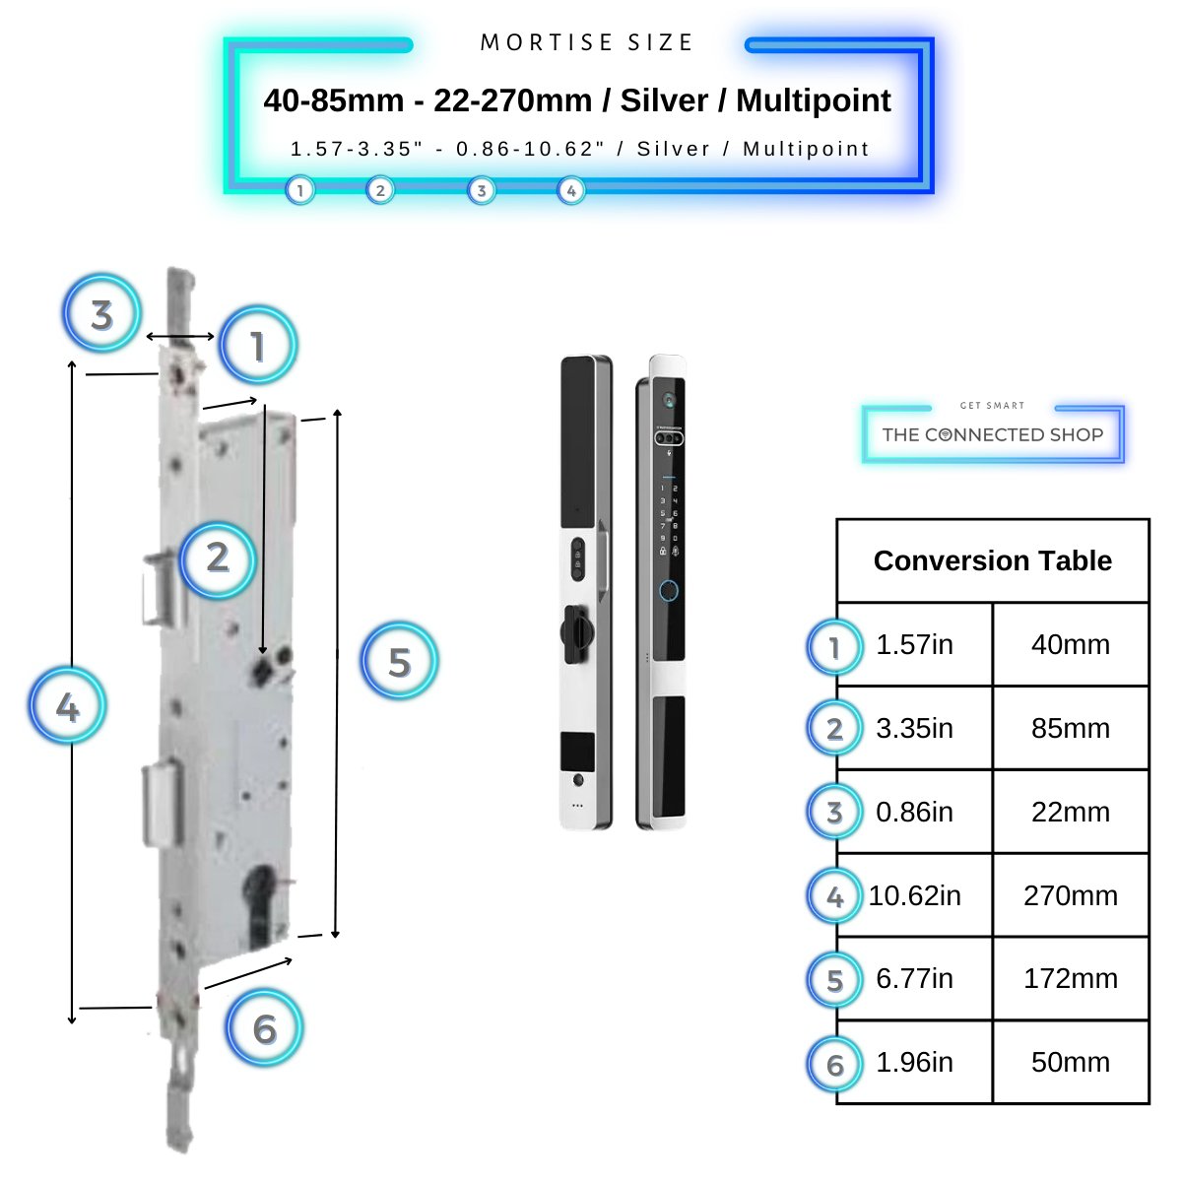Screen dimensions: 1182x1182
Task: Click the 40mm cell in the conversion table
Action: point(1070,645)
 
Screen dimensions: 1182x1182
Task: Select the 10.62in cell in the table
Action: point(914,895)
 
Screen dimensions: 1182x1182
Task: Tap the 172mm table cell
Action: point(1070,979)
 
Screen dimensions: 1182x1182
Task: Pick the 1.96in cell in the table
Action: point(914,1063)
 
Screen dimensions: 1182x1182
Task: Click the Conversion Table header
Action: point(992,560)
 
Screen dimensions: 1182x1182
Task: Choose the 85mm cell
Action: point(1070,729)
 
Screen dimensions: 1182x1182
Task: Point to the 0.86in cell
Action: point(914,813)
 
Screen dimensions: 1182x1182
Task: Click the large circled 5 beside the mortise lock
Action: point(399,662)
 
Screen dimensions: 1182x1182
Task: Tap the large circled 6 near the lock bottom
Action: point(264,1029)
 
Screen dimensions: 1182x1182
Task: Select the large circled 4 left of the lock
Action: point(67,706)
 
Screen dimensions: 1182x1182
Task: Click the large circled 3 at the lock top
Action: point(101,316)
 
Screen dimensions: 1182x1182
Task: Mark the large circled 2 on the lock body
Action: point(218,558)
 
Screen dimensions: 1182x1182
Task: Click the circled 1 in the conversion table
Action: point(834,647)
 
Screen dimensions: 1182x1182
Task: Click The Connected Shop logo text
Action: point(992,434)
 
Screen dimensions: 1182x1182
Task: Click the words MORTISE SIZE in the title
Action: point(587,43)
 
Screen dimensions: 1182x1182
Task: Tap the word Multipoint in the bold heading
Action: point(813,100)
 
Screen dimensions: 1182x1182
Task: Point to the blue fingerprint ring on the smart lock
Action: point(669,591)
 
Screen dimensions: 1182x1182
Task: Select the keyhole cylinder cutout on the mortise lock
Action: point(262,901)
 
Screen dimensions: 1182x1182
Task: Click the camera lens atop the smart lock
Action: point(669,401)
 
